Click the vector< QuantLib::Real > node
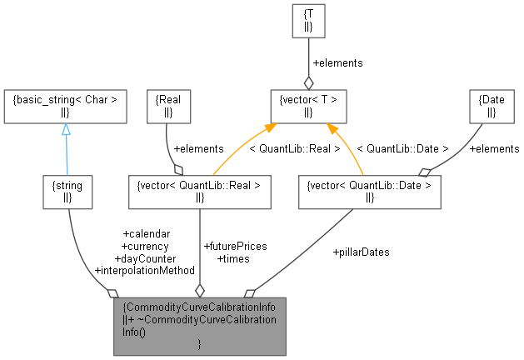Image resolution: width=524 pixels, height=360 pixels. click(199, 192)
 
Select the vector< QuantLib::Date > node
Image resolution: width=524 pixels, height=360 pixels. click(369, 192)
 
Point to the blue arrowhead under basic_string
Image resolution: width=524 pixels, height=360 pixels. click(65, 130)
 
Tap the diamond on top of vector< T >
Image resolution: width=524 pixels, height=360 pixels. click(308, 82)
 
